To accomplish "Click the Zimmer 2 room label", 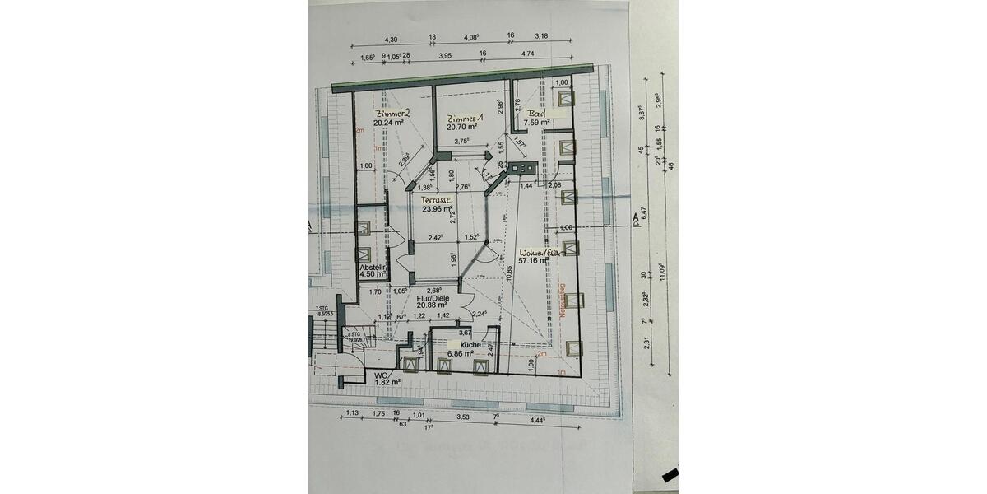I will click(x=392, y=113).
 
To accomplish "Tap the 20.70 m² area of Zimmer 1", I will click(x=462, y=128).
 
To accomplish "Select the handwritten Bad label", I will click(x=538, y=113).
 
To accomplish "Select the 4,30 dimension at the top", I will click(x=392, y=40).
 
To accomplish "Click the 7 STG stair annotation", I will click(x=321, y=309).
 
